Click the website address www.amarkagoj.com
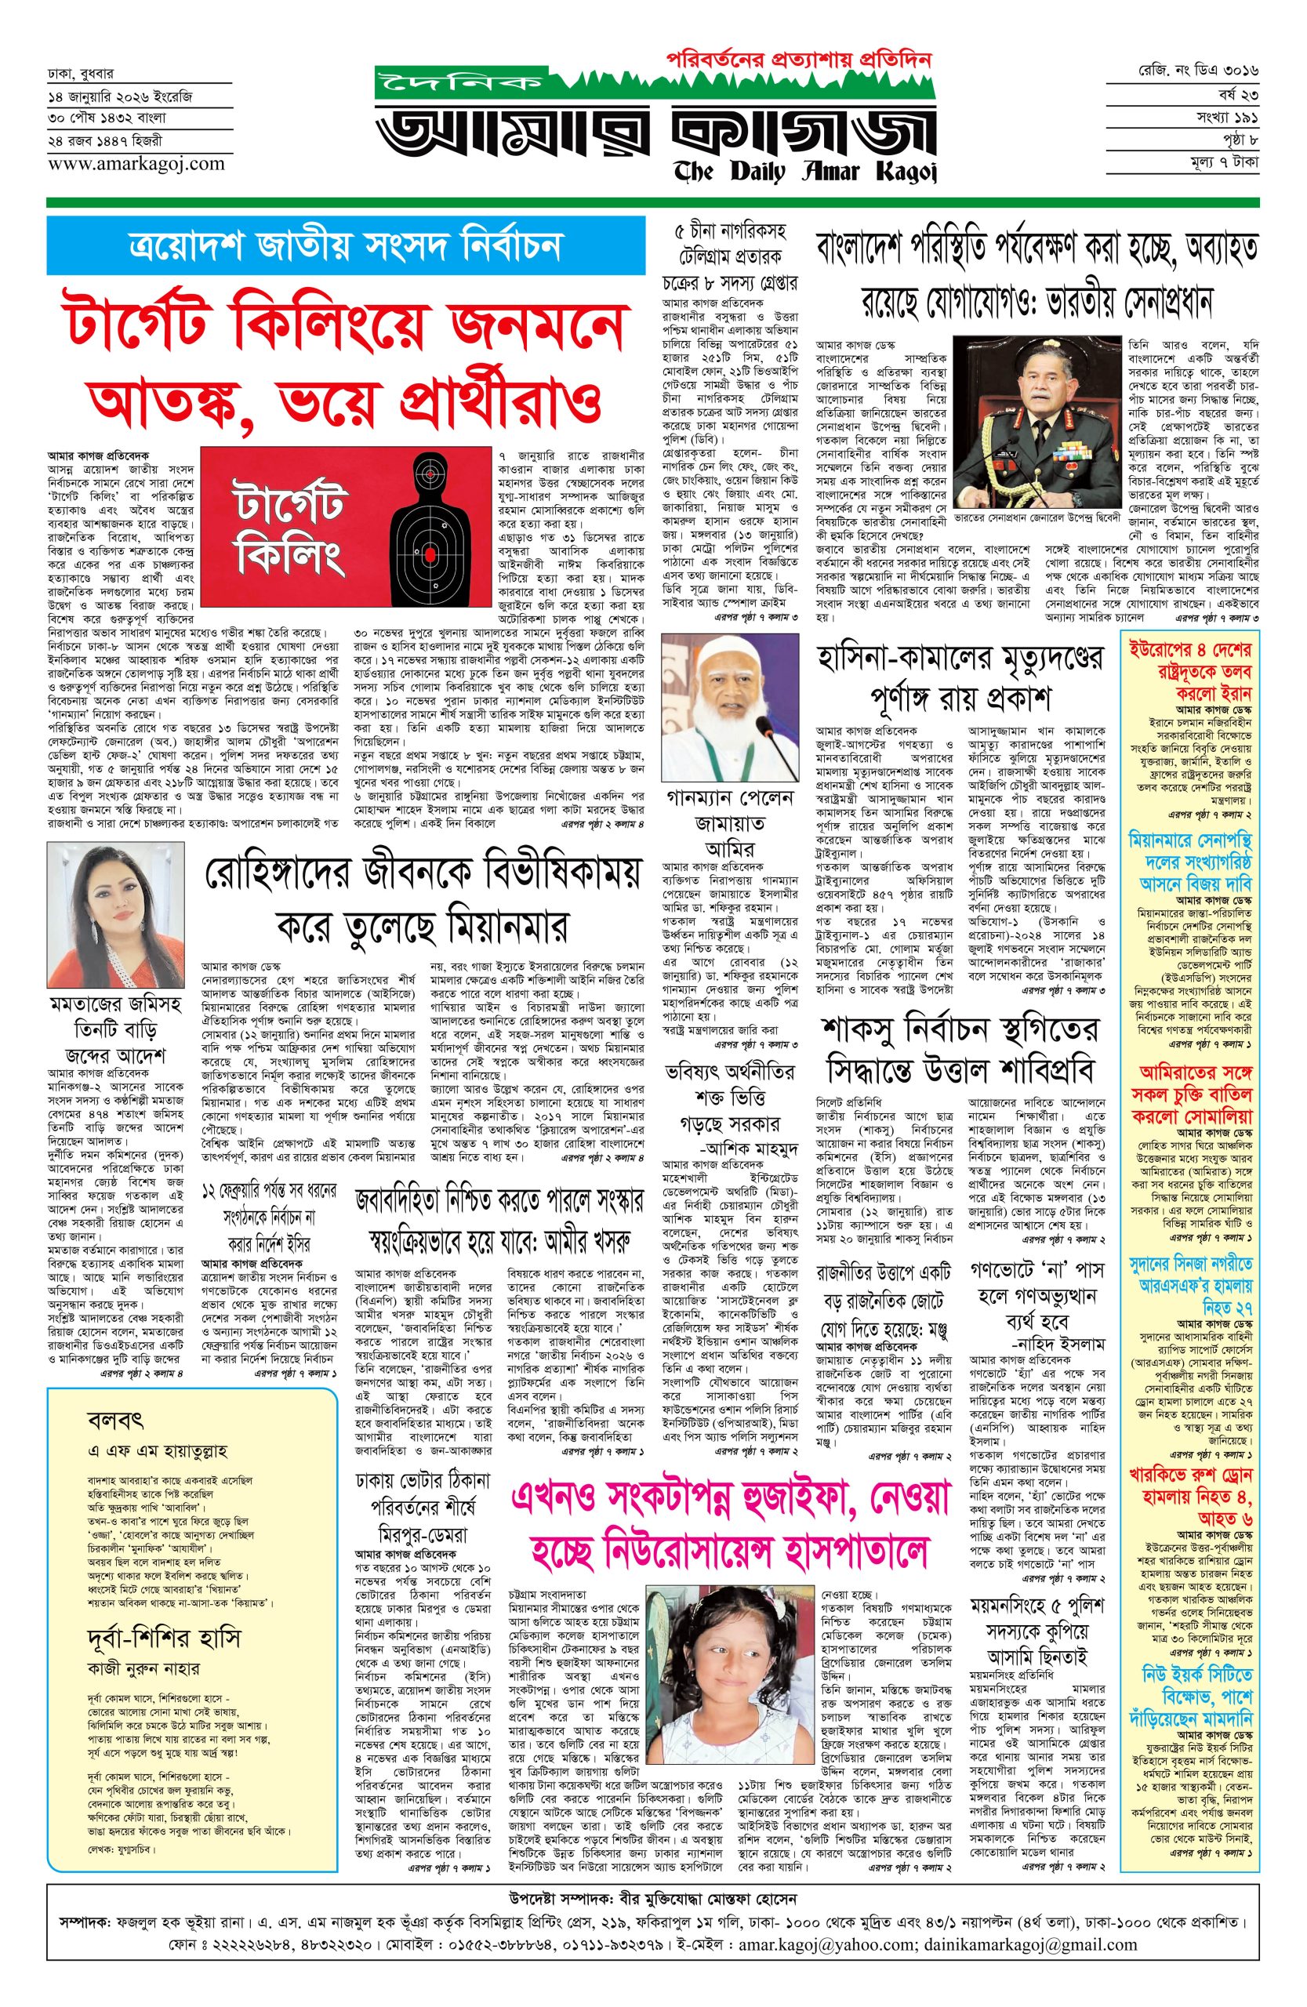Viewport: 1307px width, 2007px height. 136,164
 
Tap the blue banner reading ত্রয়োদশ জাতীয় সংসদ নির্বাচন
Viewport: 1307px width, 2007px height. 345,245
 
